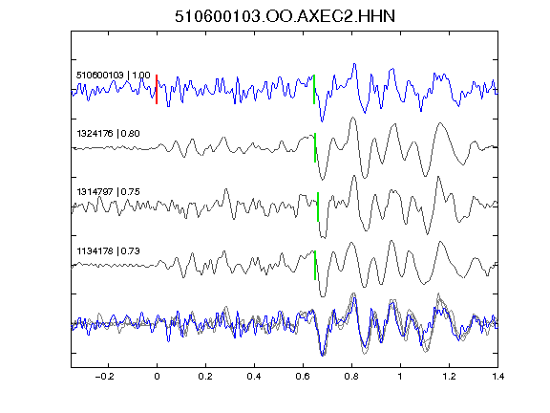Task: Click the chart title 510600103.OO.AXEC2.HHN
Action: click(285, 16)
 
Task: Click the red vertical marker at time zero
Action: click(157, 89)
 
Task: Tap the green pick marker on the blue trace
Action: click(314, 89)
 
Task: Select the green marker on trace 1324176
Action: click(315, 147)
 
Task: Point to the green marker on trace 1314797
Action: click(318, 206)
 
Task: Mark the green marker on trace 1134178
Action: click(315, 265)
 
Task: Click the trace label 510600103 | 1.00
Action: click(113, 76)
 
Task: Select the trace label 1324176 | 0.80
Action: click(108, 134)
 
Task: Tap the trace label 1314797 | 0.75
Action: click(108, 192)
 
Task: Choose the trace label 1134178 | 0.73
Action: click(108, 251)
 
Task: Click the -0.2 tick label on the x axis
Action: click(104, 377)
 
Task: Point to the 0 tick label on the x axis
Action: click(157, 377)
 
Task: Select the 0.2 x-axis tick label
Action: click(205, 377)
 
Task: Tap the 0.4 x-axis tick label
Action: click(254, 377)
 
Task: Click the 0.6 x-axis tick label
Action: click(303, 377)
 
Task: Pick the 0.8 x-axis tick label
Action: click(351, 377)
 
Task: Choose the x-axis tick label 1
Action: click(400, 377)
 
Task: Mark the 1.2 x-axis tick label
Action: click(449, 377)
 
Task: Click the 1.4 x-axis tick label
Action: click(497, 377)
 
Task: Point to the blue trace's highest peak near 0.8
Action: click(354, 64)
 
